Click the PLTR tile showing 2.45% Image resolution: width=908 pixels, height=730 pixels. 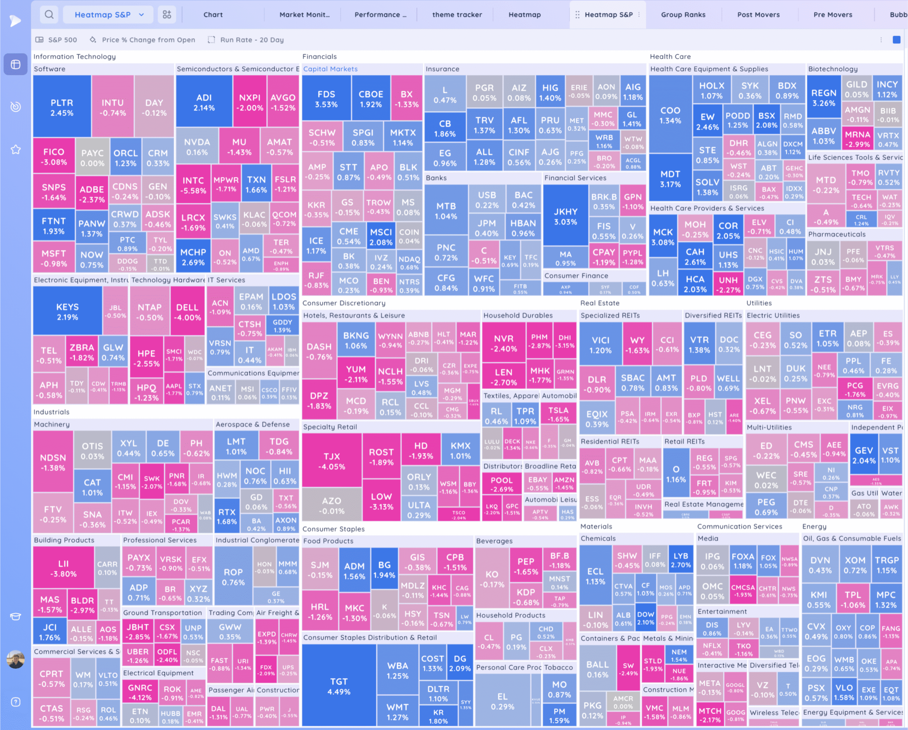point(62,107)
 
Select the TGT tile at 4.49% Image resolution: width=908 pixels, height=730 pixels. point(339,686)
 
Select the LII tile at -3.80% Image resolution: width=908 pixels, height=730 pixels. point(63,568)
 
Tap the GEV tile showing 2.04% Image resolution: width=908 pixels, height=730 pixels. point(863,455)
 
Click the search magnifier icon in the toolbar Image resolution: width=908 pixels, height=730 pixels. point(49,15)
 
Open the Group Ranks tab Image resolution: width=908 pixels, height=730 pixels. point(683,15)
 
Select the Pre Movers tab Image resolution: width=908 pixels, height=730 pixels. point(832,15)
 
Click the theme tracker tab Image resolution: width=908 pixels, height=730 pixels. point(457,15)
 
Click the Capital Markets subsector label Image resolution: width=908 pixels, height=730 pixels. point(330,69)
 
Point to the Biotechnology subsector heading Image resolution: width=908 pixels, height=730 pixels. point(832,69)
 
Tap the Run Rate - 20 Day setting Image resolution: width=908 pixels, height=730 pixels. point(251,40)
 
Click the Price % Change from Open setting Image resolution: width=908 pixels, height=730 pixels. point(148,40)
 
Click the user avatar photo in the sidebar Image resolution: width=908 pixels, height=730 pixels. point(16,659)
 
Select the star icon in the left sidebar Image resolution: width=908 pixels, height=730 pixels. point(16,150)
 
